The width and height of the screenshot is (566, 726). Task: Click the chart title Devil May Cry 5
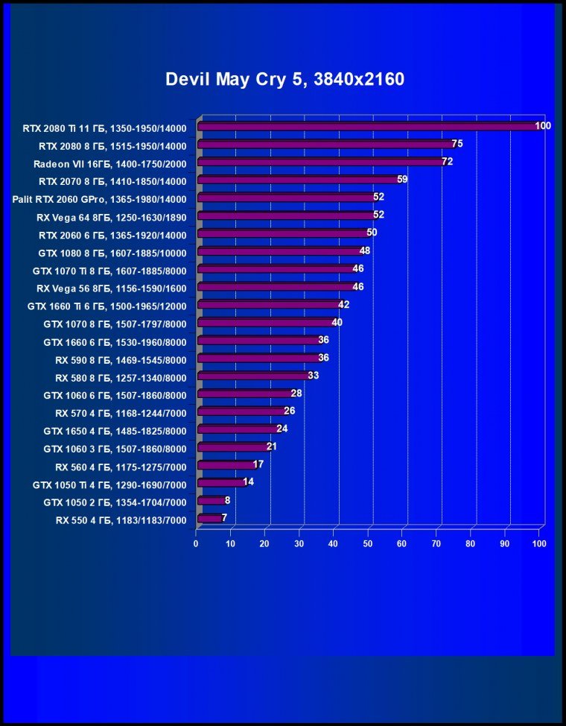(x=284, y=79)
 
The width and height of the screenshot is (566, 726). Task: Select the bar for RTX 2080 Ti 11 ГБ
(x=369, y=127)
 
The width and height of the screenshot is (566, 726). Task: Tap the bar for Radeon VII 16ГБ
(x=320, y=162)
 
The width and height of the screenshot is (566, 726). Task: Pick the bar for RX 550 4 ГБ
(x=210, y=518)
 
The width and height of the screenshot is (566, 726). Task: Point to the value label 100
(x=543, y=126)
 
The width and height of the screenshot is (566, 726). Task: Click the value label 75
(x=457, y=144)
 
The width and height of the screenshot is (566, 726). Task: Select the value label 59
(x=402, y=180)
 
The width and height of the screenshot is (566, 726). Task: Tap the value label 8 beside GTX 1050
(x=227, y=500)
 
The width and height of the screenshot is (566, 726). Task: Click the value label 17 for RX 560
(x=258, y=464)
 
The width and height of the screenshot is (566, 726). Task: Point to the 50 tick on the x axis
(x=368, y=544)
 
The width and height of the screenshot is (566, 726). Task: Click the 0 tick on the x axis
(x=196, y=544)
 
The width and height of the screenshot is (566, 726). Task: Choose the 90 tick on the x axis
(x=505, y=544)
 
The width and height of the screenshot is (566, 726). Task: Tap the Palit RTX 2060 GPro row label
(x=99, y=198)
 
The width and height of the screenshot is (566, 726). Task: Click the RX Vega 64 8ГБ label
(x=111, y=216)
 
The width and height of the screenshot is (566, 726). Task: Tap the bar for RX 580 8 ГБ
(x=253, y=376)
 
